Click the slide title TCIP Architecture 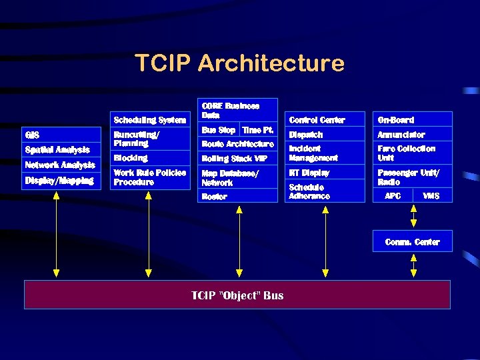[x=239, y=63]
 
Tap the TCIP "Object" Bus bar [x=237, y=295]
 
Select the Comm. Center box [x=412, y=241]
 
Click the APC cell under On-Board [x=393, y=195]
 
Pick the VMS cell [x=431, y=195]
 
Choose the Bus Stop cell [x=218, y=130]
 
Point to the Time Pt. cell [x=258, y=130]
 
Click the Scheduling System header [x=150, y=120]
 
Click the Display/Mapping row [x=59, y=180]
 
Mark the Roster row [x=215, y=196]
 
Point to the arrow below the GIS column [x=56, y=233]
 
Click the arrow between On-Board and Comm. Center [x=413, y=216]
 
